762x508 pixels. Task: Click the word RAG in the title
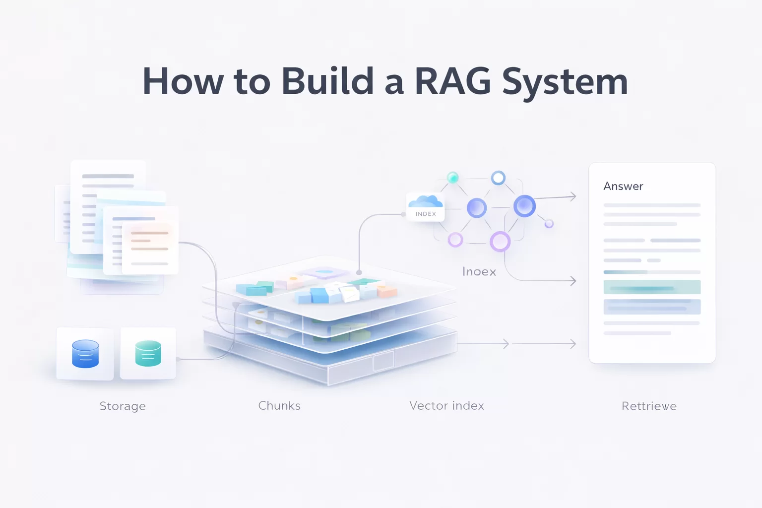(x=452, y=81)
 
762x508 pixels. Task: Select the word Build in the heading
(x=327, y=81)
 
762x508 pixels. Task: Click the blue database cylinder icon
(x=85, y=354)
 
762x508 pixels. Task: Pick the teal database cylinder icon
(x=148, y=353)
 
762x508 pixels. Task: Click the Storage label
(x=123, y=406)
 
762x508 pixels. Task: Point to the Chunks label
(x=279, y=406)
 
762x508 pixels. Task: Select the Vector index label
(x=446, y=406)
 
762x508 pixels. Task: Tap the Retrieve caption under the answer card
(x=649, y=406)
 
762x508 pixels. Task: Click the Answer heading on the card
(x=623, y=187)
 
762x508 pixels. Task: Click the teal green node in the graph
(x=452, y=178)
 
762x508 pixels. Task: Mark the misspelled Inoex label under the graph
(x=479, y=272)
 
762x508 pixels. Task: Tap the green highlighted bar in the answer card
(x=652, y=287)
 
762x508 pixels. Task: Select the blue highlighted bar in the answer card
(x=652, y=307)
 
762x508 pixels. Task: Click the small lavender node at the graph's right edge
(x=549, y=224)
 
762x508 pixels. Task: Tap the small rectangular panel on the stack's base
(x=383, y=361)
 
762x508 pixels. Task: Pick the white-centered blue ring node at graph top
(x=498, y=178)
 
